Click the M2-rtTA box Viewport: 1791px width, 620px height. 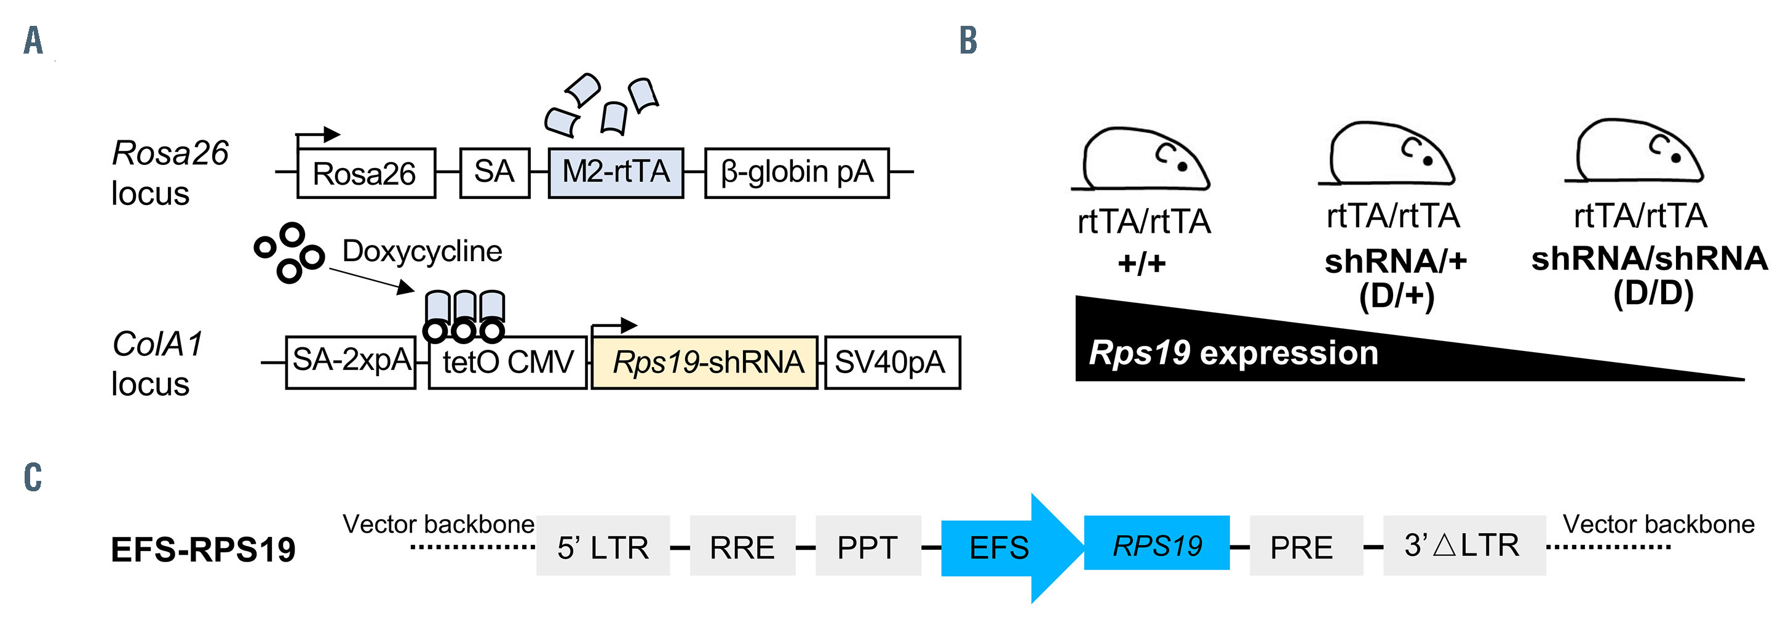click(615, 172)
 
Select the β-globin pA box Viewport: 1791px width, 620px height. click(796, 172)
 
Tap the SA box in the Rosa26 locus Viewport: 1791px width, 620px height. click(494, 172)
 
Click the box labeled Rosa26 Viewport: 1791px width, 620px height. click(366, 173)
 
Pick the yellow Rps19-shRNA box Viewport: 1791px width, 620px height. click(704, 363)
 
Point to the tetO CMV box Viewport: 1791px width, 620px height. click(507, 363)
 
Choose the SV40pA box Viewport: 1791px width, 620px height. click(892, 363)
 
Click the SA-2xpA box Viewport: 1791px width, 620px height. click(351, 362)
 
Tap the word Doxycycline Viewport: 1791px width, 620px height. click(422, 251)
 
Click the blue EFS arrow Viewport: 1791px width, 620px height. click(1008, 547)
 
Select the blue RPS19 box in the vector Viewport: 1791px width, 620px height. click(1156, 544)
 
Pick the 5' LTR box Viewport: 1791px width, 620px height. click(603, 546)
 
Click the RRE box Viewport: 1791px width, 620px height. click(742, 546)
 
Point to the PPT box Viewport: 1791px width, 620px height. click(868, 546)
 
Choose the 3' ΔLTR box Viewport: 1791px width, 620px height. click(1464, 545)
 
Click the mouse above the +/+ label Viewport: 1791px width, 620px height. click(1144, 159)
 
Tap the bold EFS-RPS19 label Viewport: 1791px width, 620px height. click(203, 549)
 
